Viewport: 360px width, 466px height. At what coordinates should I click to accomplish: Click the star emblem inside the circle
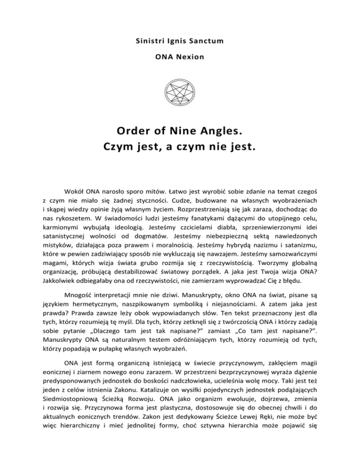pyautogui.click(x=180, y=91)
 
